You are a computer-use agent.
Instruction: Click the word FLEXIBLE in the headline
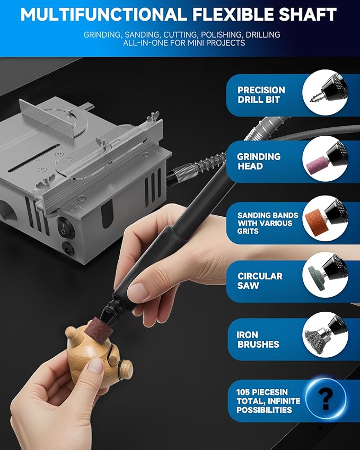(x=224, y=14)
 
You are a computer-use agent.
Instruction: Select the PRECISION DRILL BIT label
(x=261, y=95)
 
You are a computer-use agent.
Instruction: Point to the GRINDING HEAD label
(x=258, y=161)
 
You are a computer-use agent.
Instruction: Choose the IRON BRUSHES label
(x=258, y=339)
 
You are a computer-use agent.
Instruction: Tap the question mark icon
(x=326, y=398)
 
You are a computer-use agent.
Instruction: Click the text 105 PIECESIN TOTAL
(x=268, y=401)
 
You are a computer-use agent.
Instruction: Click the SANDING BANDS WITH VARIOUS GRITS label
(x=268, y=223)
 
